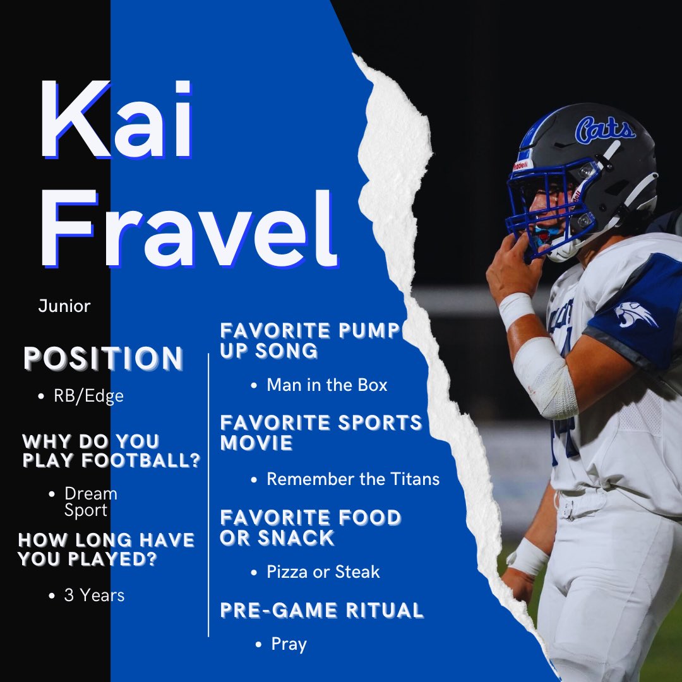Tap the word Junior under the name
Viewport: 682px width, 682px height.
64,306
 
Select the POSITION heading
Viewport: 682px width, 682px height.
104,359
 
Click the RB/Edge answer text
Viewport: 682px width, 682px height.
89,396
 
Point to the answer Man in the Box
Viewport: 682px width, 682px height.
326,385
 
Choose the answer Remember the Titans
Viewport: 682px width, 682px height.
353,479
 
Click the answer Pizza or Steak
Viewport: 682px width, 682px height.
323,572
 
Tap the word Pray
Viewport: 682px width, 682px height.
289,644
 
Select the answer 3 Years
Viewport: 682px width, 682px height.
94,595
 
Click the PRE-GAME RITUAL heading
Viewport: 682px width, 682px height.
321,610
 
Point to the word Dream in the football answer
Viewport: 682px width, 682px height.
91,493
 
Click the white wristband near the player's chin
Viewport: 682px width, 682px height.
516,309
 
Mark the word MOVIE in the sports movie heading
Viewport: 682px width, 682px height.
256,443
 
